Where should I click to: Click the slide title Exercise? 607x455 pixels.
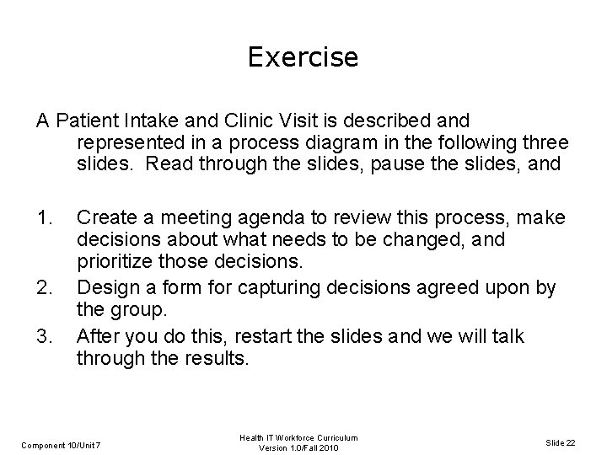pos(303,57)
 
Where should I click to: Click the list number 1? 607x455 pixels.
pos(46,218)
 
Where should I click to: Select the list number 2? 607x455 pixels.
pos(46,289)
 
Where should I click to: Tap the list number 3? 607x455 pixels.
pos(46,337)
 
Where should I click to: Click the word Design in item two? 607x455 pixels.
pos(105,289)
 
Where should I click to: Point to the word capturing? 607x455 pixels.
pos(284,289)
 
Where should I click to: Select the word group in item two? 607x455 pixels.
pos(133,310)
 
